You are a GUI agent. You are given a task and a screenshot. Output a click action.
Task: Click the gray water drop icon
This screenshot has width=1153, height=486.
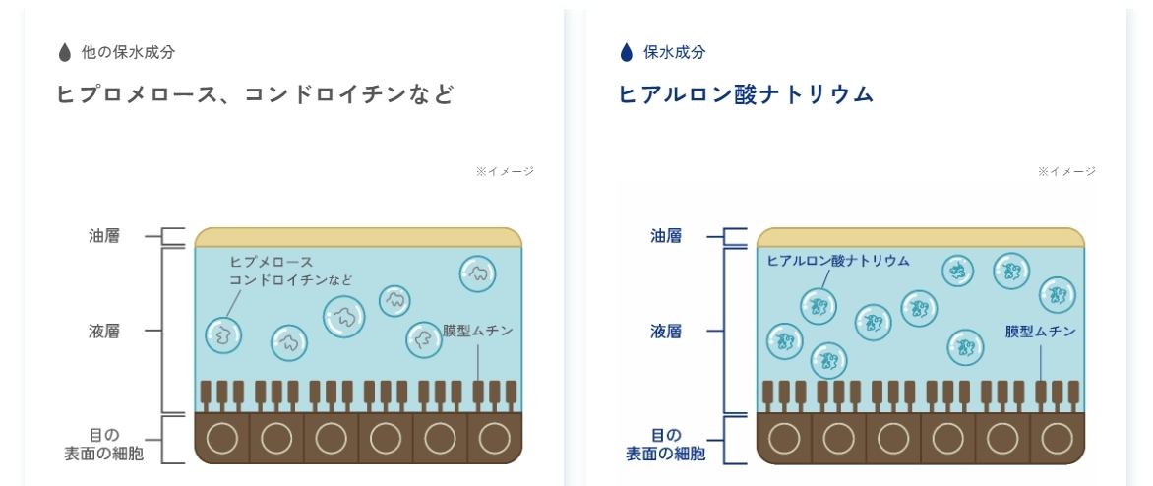coord(65,52)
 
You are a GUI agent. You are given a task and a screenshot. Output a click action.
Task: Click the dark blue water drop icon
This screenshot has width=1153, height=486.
coord(626,52)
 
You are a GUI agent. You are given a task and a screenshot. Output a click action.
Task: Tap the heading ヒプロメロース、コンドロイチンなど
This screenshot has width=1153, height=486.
coord(255,94)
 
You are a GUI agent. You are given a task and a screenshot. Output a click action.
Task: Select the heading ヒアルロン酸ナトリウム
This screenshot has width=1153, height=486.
coord(746,94)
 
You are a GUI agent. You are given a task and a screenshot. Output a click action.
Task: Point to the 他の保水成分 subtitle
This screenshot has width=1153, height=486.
coord(129,52)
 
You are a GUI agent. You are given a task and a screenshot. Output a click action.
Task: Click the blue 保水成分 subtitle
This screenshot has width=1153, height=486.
coord(674,52)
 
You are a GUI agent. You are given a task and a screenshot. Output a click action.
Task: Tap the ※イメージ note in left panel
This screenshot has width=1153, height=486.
coord(505,171)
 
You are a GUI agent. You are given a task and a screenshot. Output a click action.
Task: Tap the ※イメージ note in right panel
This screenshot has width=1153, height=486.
coord(1066,171)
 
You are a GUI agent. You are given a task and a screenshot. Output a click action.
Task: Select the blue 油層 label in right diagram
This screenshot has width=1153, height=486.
coord(665,236)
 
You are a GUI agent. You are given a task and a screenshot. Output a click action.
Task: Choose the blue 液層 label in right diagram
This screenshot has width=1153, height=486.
coord(665,331)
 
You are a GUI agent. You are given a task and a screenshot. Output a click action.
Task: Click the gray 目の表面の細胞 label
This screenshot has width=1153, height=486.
coord(103,444)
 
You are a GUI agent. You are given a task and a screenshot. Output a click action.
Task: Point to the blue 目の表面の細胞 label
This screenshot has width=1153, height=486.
coord(665,444)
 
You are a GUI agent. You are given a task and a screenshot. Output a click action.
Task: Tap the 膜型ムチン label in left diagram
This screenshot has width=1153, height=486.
coord(478,332)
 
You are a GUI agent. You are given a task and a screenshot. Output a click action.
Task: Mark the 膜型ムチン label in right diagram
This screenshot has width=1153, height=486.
coord(1040,332)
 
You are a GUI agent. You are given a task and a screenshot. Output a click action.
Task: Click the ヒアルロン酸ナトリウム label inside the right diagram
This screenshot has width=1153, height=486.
coord(838,261)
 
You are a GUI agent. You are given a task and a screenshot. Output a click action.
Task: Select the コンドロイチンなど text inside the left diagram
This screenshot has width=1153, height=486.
coord(290,279)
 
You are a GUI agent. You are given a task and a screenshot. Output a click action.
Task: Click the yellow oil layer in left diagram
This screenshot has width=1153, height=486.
coord(358,237)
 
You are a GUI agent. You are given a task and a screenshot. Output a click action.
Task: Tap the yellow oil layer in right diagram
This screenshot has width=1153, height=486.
coord(920,237)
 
